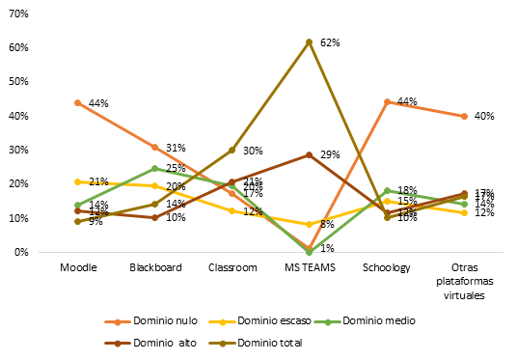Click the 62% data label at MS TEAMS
pos(329,42)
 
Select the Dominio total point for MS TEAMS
pos(309,42)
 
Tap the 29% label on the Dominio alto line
pos(329,155)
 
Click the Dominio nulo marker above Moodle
pos(77,102)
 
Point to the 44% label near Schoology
pos(406,102)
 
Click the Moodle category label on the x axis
pos(77,269)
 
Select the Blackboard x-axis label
pos(154,269)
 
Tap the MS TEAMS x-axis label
pos(309,269)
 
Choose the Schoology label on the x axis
pos(386,269)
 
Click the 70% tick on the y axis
pos(21,14)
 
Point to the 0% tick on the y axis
pos(24,253)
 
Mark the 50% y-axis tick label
pos(21,82)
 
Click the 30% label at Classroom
pos(253,151)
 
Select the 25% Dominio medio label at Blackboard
pos(175,169)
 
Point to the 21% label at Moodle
pos(97,181)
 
